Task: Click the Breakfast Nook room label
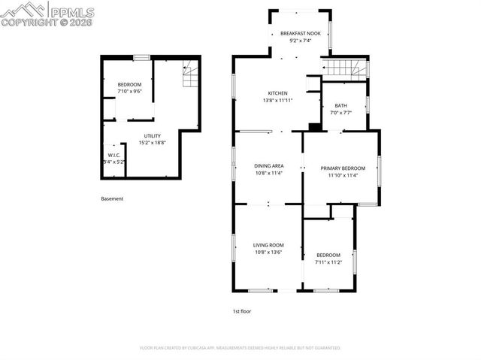(300, 34)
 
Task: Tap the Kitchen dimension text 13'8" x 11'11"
(276, 100)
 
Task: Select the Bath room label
(340, 106)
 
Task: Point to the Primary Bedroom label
(343, 168)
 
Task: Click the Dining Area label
(268, 165)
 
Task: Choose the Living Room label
(268, 245)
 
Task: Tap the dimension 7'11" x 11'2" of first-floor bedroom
(328, 262)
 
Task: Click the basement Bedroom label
(129, 84)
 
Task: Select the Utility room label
(152, 136)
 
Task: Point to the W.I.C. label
(113, 155)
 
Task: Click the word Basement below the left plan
(112, 199)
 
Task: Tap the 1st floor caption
(241, 310)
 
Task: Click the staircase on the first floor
(346, 70)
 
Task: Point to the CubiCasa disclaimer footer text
(240, 348)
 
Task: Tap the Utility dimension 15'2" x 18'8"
(152, 143)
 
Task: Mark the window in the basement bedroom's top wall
(141, 57)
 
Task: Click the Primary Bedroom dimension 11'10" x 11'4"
(343, 175)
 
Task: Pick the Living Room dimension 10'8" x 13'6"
(268, 253)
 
